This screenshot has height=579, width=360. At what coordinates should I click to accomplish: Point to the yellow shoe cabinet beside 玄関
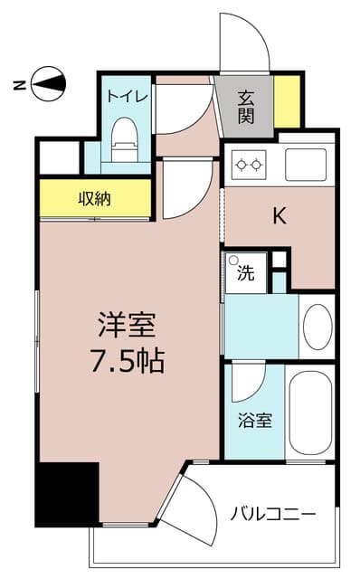(288, 101)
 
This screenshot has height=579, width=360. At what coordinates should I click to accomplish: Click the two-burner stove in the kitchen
(250, 165)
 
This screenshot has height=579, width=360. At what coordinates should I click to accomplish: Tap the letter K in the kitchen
(280, 215)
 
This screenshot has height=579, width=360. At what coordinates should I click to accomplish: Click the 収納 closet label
(93, 198)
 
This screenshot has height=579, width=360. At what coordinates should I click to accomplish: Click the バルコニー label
(271, 515)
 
